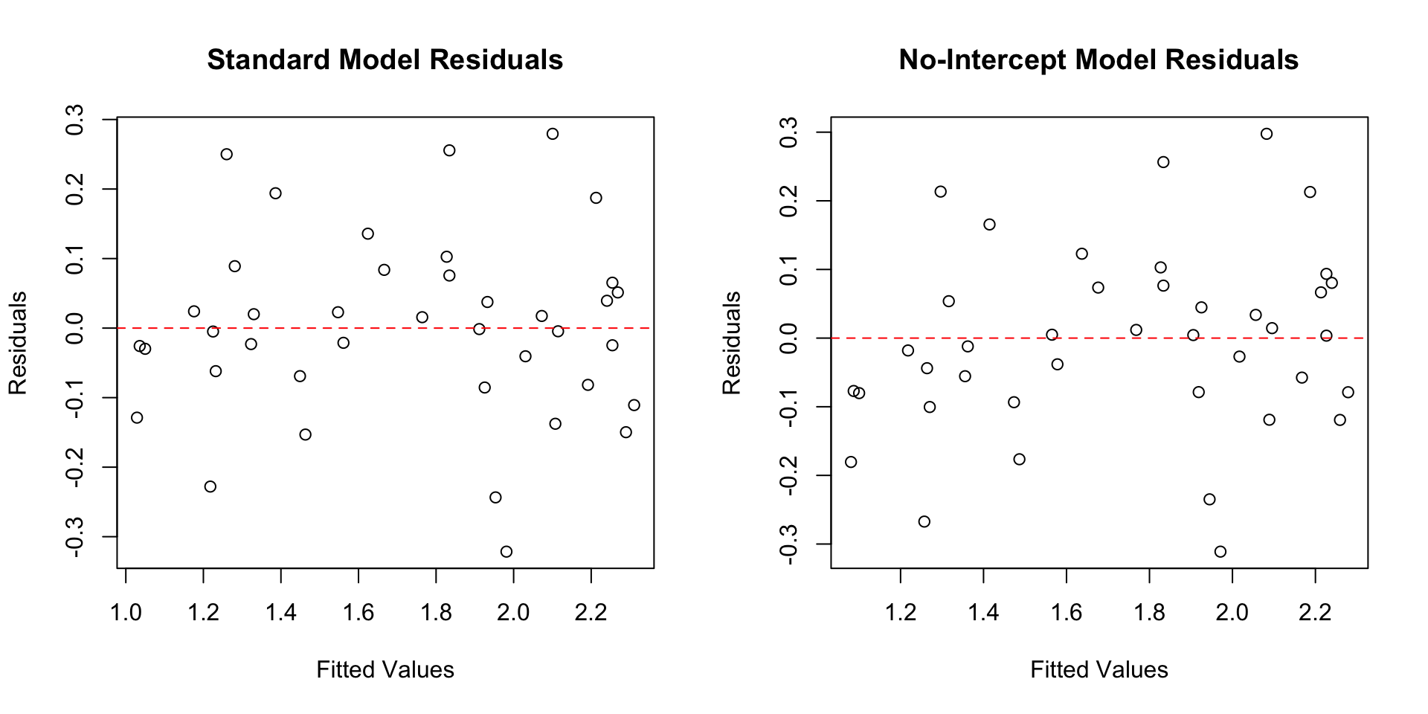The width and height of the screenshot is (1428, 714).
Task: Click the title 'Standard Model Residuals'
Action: pos(385,59)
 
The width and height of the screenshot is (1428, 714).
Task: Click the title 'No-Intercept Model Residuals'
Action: pos(1099,59)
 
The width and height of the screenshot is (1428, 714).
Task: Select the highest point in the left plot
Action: pos(553,134)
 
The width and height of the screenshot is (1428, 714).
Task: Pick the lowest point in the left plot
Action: pos(506,552)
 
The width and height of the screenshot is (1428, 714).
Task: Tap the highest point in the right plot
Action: pos(1267,134)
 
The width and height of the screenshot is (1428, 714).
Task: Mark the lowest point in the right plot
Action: pos(1220,552)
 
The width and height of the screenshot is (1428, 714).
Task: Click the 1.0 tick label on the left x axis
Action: pos(126,614)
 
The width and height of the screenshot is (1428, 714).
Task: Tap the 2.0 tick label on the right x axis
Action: pos(1232,614)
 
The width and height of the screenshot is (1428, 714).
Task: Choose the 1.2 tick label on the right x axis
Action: pos(901,614)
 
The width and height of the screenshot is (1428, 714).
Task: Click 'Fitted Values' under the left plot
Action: pos(385,670)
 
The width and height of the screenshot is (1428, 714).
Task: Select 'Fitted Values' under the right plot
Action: pos(1099,670)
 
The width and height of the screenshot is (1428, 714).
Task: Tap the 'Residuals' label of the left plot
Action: pos(18,343)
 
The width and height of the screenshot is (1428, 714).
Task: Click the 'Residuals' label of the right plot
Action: pos(732,343)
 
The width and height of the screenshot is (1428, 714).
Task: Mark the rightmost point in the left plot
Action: pos(634,405)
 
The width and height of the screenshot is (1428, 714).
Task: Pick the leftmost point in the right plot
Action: pos(851,462)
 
